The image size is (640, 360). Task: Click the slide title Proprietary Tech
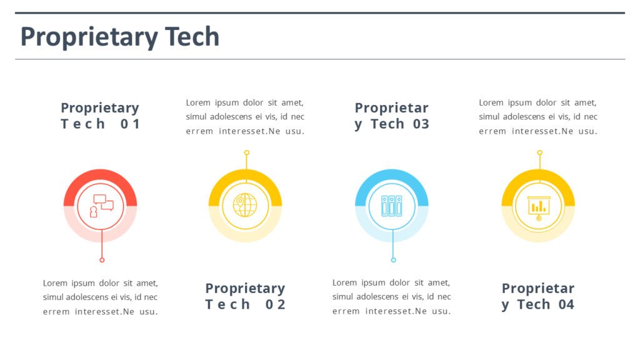tap(120, 37)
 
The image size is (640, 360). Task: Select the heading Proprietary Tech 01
tap(100, 116)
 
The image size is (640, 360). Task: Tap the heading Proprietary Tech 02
tap(245, 296)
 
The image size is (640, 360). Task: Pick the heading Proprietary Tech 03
tap(392, 116)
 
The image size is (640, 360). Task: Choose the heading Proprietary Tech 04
tap(538, 296)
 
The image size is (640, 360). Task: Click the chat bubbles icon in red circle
tap(102, 206)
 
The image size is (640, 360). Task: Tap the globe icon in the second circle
tap(245, 205)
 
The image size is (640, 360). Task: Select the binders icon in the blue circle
tap(392, 206)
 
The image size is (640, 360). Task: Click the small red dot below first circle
tap(102, 260)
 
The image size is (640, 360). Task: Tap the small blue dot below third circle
tap(393, 260)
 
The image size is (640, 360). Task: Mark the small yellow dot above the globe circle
tap(246, 152)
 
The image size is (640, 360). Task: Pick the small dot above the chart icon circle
tap(539, 152)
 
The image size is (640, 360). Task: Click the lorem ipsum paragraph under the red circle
tap(100, 297)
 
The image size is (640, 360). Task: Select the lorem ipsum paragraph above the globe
tap(245, 117)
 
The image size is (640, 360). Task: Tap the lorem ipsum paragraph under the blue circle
tap(391, 297)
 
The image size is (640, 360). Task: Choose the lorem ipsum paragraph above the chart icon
tap(538, 117)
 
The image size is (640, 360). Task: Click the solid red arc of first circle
tap(100, 176)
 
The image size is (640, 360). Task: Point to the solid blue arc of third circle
tap(392, 176)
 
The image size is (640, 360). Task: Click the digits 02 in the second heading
tap(276, 304)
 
